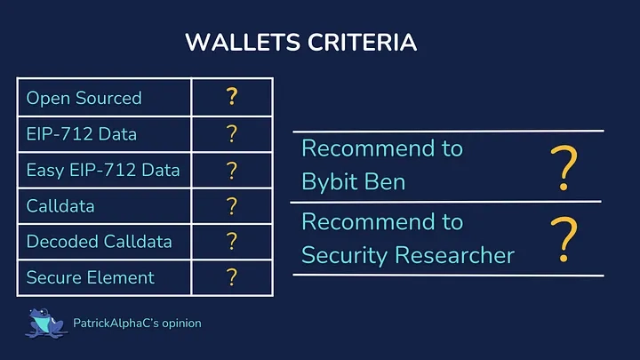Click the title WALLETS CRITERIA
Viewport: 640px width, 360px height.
pos(300,43)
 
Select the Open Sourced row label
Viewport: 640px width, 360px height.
pos(84,98)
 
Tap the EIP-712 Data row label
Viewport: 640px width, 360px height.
pos(81,134)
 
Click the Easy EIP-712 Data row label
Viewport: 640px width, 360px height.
pos(103,170)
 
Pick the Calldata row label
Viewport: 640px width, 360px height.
pos(61,205)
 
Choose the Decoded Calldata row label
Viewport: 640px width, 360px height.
pos(99,241)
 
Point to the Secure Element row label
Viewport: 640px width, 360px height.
pos(90,277)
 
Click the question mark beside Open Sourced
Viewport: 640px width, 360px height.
pos(232,97)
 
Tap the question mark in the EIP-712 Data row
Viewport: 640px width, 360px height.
pos(232,133)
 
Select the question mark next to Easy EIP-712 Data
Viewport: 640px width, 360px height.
pos(232,170)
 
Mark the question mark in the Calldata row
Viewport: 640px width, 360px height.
pos(232,205)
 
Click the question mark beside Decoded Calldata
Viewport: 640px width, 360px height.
pos(232,241)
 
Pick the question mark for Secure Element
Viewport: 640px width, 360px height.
pos(232,277)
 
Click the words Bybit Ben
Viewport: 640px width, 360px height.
pos(354,181)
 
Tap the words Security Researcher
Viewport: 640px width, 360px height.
pos(408,255)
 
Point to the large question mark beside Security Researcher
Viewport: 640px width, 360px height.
pos(563,240)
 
